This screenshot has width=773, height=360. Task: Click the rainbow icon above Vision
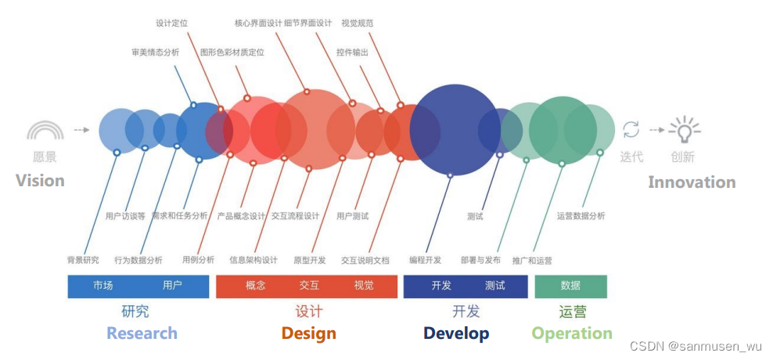pyautogui.click(x=45, y=130)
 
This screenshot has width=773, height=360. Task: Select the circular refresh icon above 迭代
pyautogui.click(x=631, y=130)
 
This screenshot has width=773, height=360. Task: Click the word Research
pyautogui.click(x=142, y=333)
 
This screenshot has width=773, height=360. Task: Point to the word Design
pyautogui.click(x=308, y=333)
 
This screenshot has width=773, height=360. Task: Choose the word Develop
pyautogui.click(x=456, y=333)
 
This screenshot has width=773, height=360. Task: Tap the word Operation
pyautogui.click(x=572, y=333)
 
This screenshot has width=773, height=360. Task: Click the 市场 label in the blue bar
pyautogui.click(x=102, y=286)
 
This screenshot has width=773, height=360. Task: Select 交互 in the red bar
pyautogui.click(x=309, y=286)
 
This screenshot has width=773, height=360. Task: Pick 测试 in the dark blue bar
pyautogui.click(x=494, y=286)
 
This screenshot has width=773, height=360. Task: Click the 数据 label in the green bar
pyautogui.click(x=570, y=286)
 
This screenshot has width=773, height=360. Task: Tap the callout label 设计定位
pyautogui.click(x=172, y=23)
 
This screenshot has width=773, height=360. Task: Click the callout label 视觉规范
pyautogui.click(x=358, y=23)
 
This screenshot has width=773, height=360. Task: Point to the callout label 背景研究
pyautogui.click(x=83, y=260)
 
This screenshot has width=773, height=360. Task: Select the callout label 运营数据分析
pyautogui.click(x=581, y=216)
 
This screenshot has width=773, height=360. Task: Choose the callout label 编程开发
pyautogui.click(x=425, y=260)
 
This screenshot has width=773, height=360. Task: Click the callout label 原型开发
pyautogui.click(x=309, y=260)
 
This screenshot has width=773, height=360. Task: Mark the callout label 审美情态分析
pyautogui.click(x=155, y=52)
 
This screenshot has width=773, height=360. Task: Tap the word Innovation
pyautogui.click(x=692, y=182)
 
